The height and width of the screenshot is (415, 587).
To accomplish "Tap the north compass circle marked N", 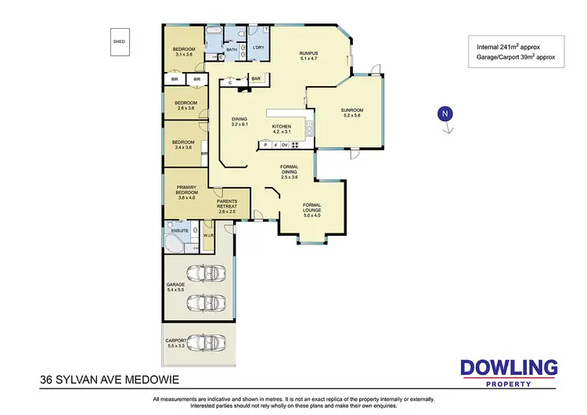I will pyautogui.click(x=445, y=114).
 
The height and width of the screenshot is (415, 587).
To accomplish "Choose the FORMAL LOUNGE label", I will pyautogui.click(x=311, y=208).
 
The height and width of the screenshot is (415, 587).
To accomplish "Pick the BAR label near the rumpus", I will pyautogui.click(x=255, y=78).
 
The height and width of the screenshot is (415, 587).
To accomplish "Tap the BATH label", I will pyautogui.click(x=231, y=50).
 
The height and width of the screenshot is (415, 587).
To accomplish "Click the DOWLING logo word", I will pyautogui.click(x=508, y=366).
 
